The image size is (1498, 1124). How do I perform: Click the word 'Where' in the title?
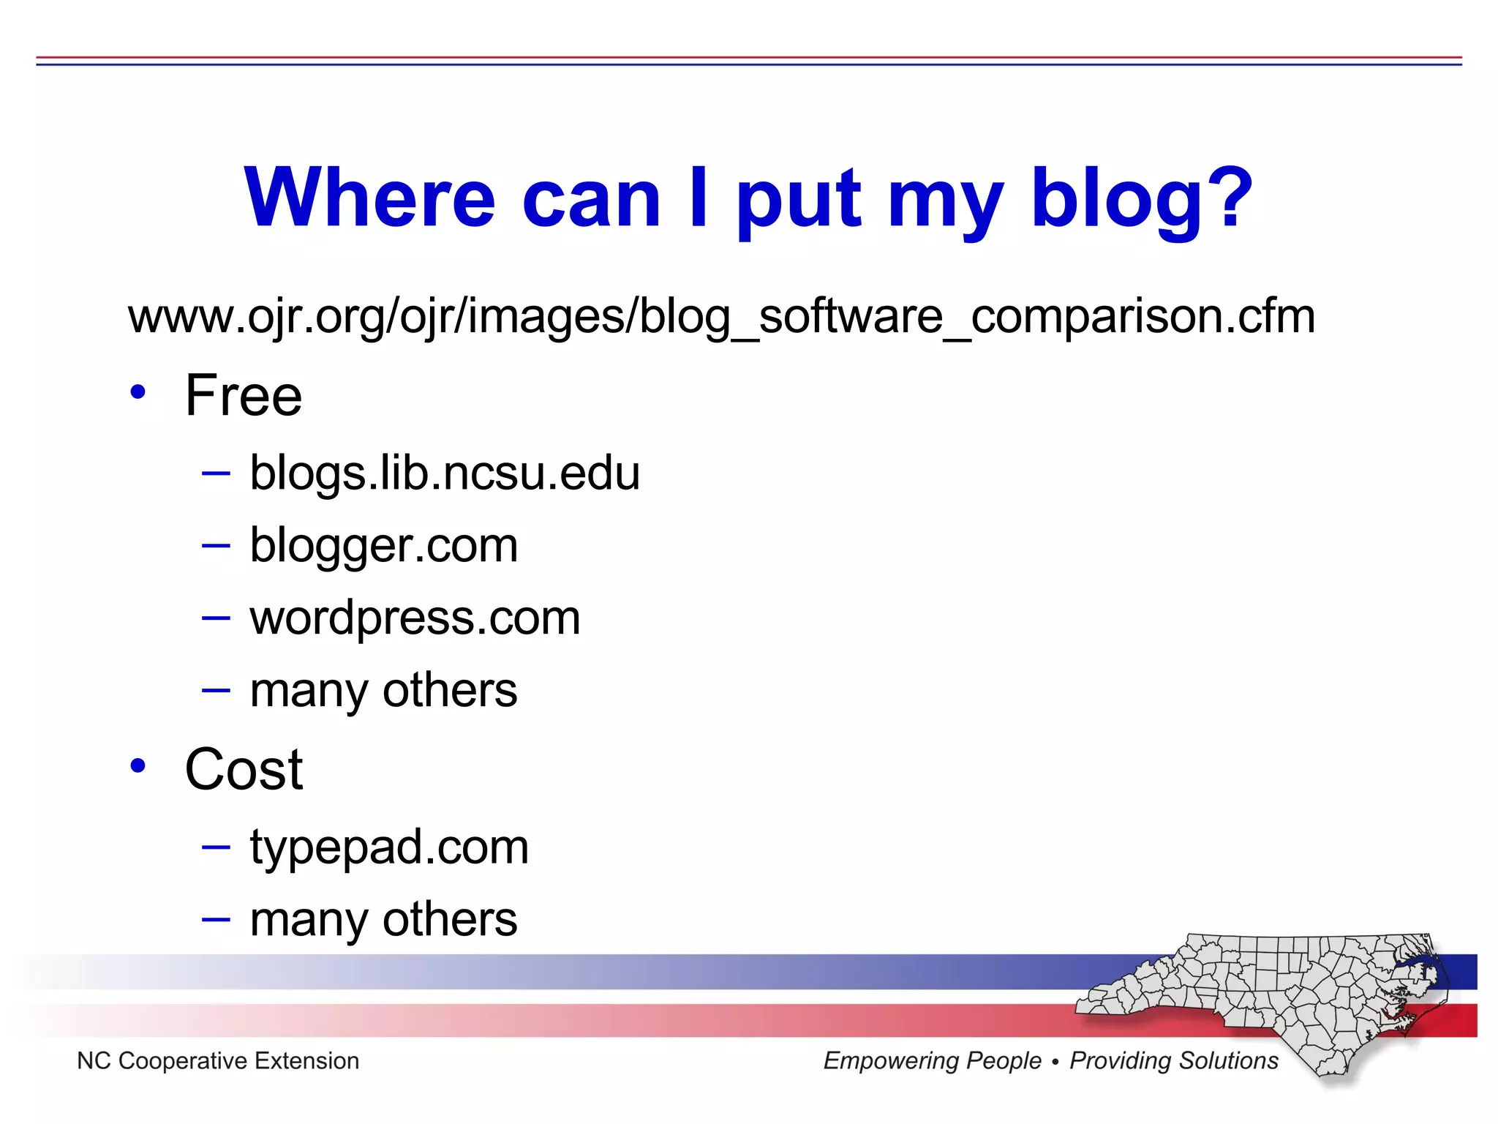[x=369, y=198]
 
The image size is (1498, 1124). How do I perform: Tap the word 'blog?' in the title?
[x=1142, y=199]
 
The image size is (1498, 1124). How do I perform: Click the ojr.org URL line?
[x=721, y=317]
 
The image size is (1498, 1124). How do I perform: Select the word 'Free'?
[x=244, y=396]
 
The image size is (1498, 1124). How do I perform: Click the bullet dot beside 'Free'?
[x=138, y=392]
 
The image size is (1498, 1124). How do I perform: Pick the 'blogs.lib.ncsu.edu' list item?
[x=445, y=473]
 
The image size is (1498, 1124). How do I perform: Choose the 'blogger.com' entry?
[x=384, y=546]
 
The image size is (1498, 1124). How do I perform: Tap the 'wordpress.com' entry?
[x=415, y=618]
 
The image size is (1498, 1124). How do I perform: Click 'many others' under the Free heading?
[x=383, y=690]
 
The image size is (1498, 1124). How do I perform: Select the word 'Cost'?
[x=244, y=770]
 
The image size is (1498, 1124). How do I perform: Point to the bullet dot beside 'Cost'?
[x=138, y=766]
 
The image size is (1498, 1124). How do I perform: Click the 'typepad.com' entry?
[x=389, y=847]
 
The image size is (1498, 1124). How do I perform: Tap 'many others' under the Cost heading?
[x=383, y=920]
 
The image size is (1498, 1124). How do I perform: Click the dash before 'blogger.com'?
[x=216, y=545]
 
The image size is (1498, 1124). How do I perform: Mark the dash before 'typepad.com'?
[x=216, y=847]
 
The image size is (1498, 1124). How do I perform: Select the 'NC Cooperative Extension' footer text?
[x=218, y=1061]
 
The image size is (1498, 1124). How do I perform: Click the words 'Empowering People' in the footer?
[x=932, y=1061]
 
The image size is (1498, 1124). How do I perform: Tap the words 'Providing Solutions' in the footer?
[x=1174, y=1061]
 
